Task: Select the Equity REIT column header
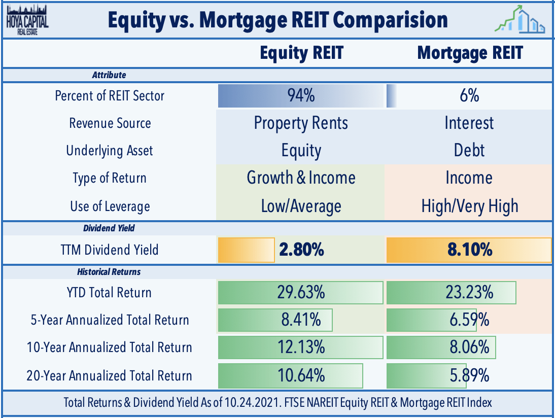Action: coord(301,53)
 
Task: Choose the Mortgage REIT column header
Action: coord(470,53)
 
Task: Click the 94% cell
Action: coord(301,96)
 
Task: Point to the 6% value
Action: coord(470,96)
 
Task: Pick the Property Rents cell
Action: coord(301,123)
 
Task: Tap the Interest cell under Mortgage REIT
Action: coord(470,123)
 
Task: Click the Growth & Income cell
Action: coord(301,178)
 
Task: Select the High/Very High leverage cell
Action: coord(470,206)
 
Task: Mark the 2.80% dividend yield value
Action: coord(301,250)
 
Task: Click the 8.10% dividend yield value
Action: coord(470,250)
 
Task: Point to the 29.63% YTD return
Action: coord(301,293)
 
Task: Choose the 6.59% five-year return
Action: coord(470,320)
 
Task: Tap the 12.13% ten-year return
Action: coord(301,347)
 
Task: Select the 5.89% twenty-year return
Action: coord(470,375)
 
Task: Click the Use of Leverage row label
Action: coord(110,206)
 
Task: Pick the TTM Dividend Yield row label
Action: coord(110,250)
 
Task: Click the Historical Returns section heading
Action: coord(109,272)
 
